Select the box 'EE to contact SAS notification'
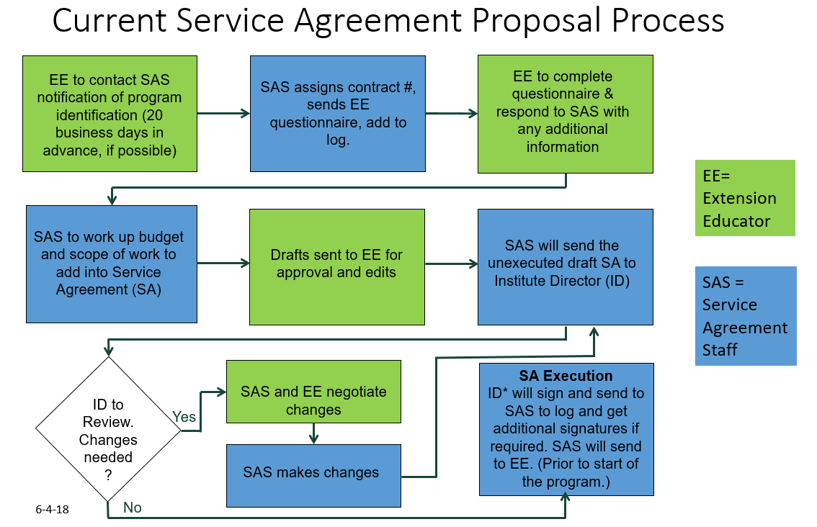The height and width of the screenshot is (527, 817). click(x=110, y=114)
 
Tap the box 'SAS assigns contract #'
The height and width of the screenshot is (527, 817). click(x=338, y=114)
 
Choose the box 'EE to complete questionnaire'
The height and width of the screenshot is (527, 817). click(x=565, y=114)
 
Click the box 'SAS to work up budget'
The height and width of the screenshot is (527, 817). click(x=112, y=263)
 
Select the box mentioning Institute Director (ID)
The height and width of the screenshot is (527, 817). click(x=566, y=266)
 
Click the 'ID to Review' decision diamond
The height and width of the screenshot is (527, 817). click(x=108, y=429)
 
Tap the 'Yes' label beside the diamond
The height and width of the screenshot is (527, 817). click(x=184, y=417)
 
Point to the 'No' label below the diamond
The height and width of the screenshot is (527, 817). click(x=133, y=508)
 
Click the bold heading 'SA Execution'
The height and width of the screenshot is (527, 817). click(x=566, y=376)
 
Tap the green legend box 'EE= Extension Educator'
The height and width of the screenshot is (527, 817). click(x=744, y=198)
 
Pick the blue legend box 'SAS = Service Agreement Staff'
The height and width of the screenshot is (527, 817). click(x=746, y=316)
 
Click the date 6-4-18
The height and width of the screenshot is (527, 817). click(x=52, y=509)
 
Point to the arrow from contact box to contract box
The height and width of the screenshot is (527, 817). click(x=223, y=114)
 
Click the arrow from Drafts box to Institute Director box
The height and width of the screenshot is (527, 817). click(x=450, y=263)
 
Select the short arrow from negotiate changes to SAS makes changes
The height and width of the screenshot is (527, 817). click(x=313, y=433)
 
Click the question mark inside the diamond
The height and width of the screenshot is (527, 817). click(x=108, y=474)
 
